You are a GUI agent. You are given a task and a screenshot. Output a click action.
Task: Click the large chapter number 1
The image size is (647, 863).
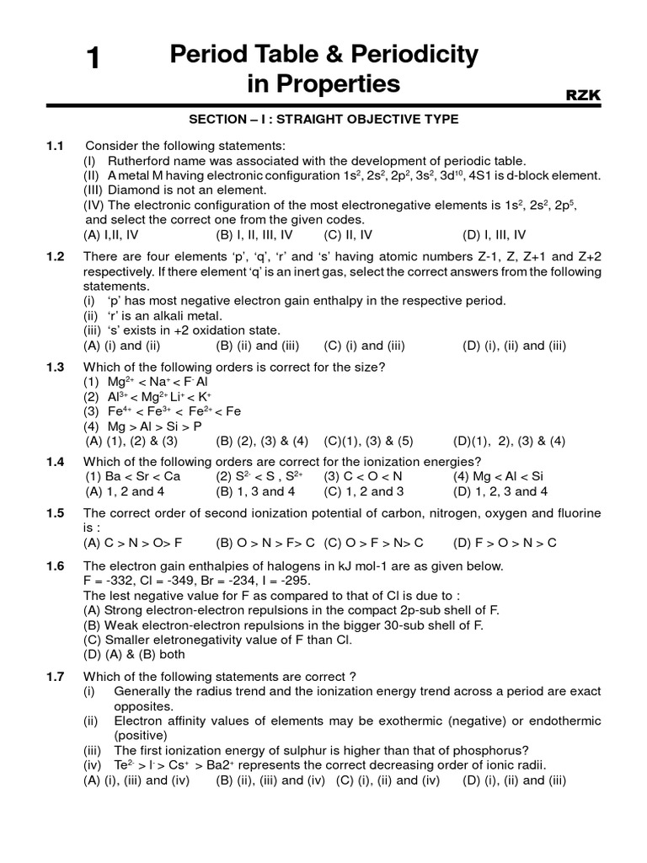[94, 60]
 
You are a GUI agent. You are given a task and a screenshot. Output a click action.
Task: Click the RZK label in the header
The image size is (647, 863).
[583, 96]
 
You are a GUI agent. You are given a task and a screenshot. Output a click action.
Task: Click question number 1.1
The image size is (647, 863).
[55, 146]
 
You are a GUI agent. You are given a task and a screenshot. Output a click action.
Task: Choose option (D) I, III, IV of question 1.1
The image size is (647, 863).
[495, 235]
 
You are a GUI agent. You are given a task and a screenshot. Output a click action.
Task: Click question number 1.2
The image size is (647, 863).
[55, 257]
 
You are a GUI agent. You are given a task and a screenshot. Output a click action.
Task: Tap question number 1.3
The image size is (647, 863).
[55, 367]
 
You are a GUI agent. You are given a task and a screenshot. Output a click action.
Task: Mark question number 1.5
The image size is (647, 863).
[55, 513]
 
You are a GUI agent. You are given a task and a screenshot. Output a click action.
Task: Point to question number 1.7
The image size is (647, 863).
[55, 676]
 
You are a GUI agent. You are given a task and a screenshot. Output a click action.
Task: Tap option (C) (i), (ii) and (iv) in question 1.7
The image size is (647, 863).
[388, 780]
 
